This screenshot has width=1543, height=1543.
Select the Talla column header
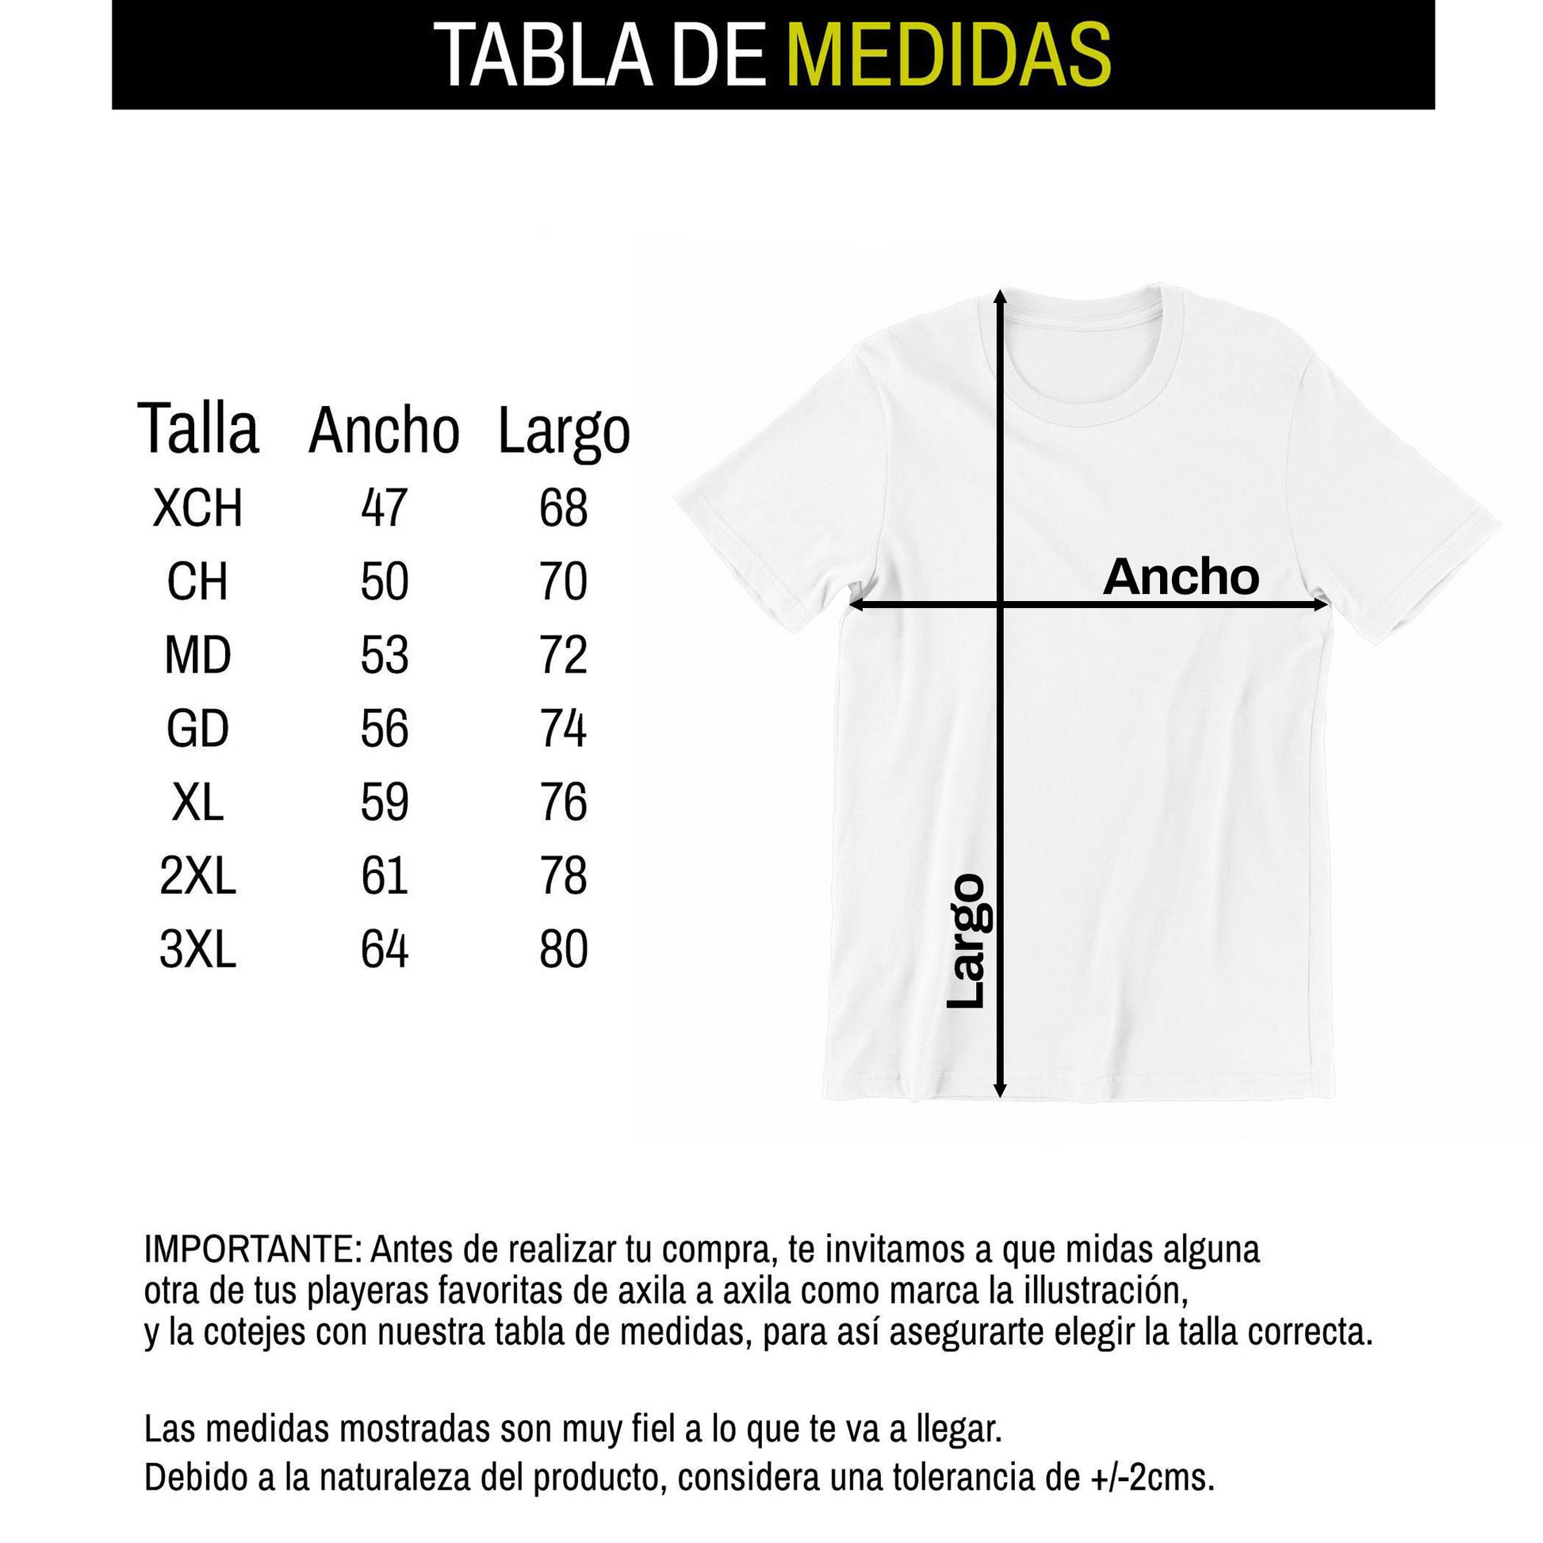198,430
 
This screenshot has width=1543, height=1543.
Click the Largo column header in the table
564,432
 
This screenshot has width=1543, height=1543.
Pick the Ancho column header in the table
383,431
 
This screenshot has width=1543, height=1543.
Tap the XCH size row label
197,508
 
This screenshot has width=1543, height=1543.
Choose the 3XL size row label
197,950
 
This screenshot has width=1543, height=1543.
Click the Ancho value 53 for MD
384,655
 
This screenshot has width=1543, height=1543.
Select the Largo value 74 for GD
563,729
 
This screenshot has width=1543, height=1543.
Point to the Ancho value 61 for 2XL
384,875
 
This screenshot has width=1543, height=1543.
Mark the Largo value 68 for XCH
563,508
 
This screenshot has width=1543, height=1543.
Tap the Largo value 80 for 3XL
563,950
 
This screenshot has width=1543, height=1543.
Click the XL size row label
197,802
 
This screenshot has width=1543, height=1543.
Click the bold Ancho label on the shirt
1181,576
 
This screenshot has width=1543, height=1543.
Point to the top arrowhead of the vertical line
1000,297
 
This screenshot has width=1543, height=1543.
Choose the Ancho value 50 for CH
384,581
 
